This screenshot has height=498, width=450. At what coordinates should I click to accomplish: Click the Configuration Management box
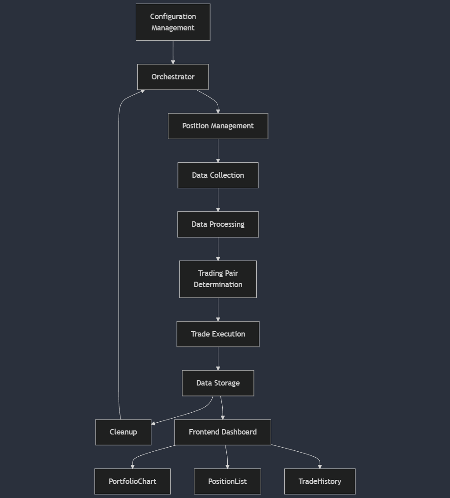pyautogui.click(x=173, y=22)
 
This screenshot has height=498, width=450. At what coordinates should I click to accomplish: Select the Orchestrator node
pyautogui.click(x=173, y=77)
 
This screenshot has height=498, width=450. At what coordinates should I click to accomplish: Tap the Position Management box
pyautogui.click(x=218, y=126)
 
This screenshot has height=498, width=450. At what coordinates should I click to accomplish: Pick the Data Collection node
pyautogui.click(x=218, y=175)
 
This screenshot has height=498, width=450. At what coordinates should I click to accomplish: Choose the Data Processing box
pyautogui.click(x=218, y=225)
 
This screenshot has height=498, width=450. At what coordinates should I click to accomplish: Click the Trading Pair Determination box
pyautogui.click(x=218, y=279)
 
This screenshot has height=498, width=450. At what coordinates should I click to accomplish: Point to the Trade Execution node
pyautogui.click(x=218, y=334)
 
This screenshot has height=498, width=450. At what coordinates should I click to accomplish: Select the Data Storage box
pyautogui.click(x=218, y=383)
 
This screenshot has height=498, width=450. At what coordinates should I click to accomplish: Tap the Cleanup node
pyautogui.click(x=123, y=432)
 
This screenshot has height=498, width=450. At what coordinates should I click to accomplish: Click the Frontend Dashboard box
pyautogui.click(x=223, y=432)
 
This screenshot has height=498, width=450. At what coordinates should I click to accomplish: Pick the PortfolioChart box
pyautogui.click(x=132, y=481)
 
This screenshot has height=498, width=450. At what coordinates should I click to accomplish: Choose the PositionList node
pyautogui.click(x=227, y=481)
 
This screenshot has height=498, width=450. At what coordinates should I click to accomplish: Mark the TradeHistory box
pyautogui.click(x=320, y=481)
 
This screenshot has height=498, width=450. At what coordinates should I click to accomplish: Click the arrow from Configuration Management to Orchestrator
pyautogui.click(x=173, y=52)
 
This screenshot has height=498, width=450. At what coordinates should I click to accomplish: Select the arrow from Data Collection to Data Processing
pyautogui.click(x=218, y=200)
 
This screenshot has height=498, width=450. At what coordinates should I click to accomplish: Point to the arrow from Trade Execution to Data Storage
pyautogui.click(x=218, y=358)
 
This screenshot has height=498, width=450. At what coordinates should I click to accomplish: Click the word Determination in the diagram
pyautogui.click(x=218, y=285)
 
